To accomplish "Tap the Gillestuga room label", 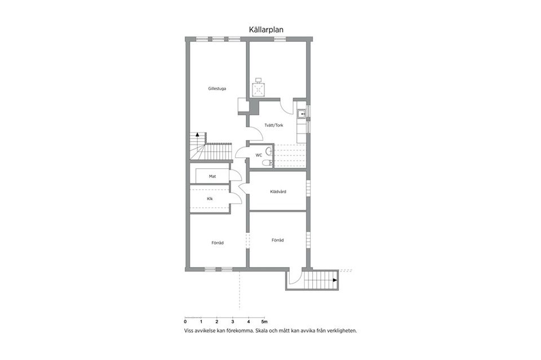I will (x=217, y=88).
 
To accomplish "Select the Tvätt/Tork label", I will (x=273, y=125).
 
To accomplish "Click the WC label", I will (x=259, y=154).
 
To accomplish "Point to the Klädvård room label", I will (x=278, y=192).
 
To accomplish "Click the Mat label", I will (x=212, y=176).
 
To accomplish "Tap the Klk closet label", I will (x=210, y=199).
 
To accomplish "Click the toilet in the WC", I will (x=268, y=163).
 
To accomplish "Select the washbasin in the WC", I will (x=270, y=151).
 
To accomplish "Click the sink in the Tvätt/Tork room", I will (x=301, y=113).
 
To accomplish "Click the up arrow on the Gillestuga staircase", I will (x=197, y=136).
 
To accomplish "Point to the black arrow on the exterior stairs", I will (x=335, y=279).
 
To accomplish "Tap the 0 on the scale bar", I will (x=185, y=322).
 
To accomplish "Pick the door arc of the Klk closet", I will (x=237, y=198).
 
